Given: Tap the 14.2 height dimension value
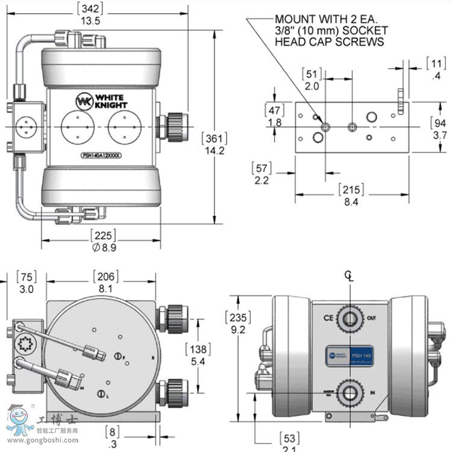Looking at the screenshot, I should tap(214, 151).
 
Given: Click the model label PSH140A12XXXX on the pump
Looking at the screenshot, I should tap(101, 155).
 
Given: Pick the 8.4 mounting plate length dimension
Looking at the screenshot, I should tap(350, 202).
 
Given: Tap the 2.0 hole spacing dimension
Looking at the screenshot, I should tap(312, 86).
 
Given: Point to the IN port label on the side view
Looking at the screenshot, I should tap(372, 393).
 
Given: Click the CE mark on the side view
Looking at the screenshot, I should tap(328, 317).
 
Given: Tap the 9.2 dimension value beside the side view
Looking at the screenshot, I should tap(237, 330).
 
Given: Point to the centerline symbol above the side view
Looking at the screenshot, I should tap(348, 275).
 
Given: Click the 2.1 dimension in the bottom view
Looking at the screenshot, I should tap(289, 447).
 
